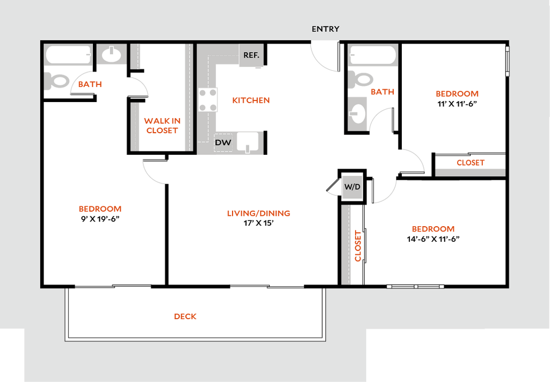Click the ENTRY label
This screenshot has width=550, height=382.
(x=325, y=29)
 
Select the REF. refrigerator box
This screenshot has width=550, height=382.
(x=251, y=55)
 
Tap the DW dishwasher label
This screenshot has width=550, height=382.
(x=223, y=142)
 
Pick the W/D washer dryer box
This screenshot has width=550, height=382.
(x=352, y=188)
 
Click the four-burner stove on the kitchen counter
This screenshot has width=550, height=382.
(x=208, y=100)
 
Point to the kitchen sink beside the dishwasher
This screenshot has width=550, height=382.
(x=248, y=142)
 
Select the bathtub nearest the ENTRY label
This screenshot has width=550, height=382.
(x=373, y=55)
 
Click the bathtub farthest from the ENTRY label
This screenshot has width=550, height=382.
(x=68, y=54)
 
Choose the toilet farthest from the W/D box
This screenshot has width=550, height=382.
(x=57, y=81)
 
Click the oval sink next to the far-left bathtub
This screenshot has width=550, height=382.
(x=112, y=54)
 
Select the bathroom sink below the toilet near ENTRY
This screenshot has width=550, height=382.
(x=357, y=113)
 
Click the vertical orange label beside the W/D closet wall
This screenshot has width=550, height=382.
(x=358, y=246)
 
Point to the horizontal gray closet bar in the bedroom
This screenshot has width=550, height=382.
(x=470, y=172)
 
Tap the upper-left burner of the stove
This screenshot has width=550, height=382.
(x=204, y=93)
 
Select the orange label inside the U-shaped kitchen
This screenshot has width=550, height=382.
(x=251, y=100)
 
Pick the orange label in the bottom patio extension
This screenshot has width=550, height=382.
(x=185, y=317)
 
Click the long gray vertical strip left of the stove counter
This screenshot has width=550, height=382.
(x=188, y=97)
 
